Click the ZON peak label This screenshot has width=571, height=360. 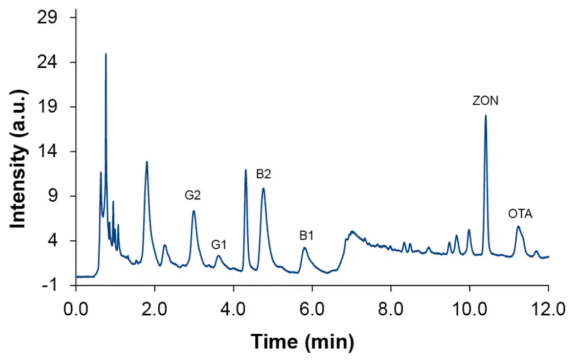point(485,101)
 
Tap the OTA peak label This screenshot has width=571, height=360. point(520,213)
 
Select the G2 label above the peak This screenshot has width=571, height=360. point(193,195)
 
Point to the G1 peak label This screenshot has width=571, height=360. point(219,244)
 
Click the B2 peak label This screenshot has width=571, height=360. point(264,173)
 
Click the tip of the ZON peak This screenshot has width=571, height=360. point(486,115)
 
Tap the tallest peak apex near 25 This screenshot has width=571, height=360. point(106,54)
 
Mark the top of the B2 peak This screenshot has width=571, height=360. point(263,188)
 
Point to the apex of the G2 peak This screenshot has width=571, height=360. point(193,211)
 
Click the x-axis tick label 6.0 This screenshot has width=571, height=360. point(312,308)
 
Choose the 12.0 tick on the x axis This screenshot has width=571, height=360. point(548,308)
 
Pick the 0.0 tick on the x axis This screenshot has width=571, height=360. point(76,308)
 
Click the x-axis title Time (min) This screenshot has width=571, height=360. point(302,340)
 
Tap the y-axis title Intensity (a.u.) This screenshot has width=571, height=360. point(19,151)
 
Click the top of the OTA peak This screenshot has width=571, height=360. point(518,226)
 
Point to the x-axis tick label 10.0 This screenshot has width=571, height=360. point(469,308)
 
